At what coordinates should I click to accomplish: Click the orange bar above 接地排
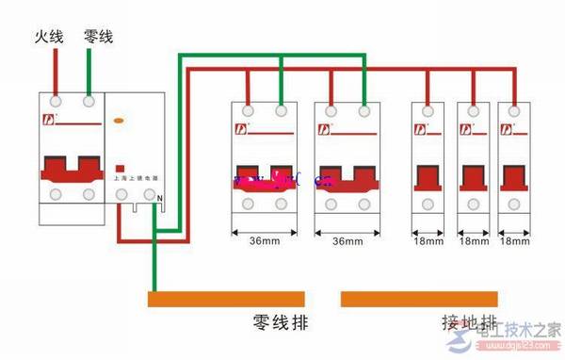(x=419, y=300)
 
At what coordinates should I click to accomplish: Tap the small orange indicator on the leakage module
(x=118, y=121)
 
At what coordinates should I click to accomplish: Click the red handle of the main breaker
(x=72, y=169)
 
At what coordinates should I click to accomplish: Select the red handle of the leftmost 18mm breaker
(x=428, y=177)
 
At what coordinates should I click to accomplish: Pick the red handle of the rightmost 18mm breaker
(x=514, y=177)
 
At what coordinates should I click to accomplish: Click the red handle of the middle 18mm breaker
(x=471, y=177)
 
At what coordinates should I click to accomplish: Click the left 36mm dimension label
(x=263, y=242)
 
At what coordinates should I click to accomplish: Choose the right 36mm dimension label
(x=347, y=242)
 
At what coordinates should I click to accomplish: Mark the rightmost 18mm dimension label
(x=513, y=242)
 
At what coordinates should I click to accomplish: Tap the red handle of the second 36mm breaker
(x=347, y=177)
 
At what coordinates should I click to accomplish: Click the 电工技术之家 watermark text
(x=519, y=332)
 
